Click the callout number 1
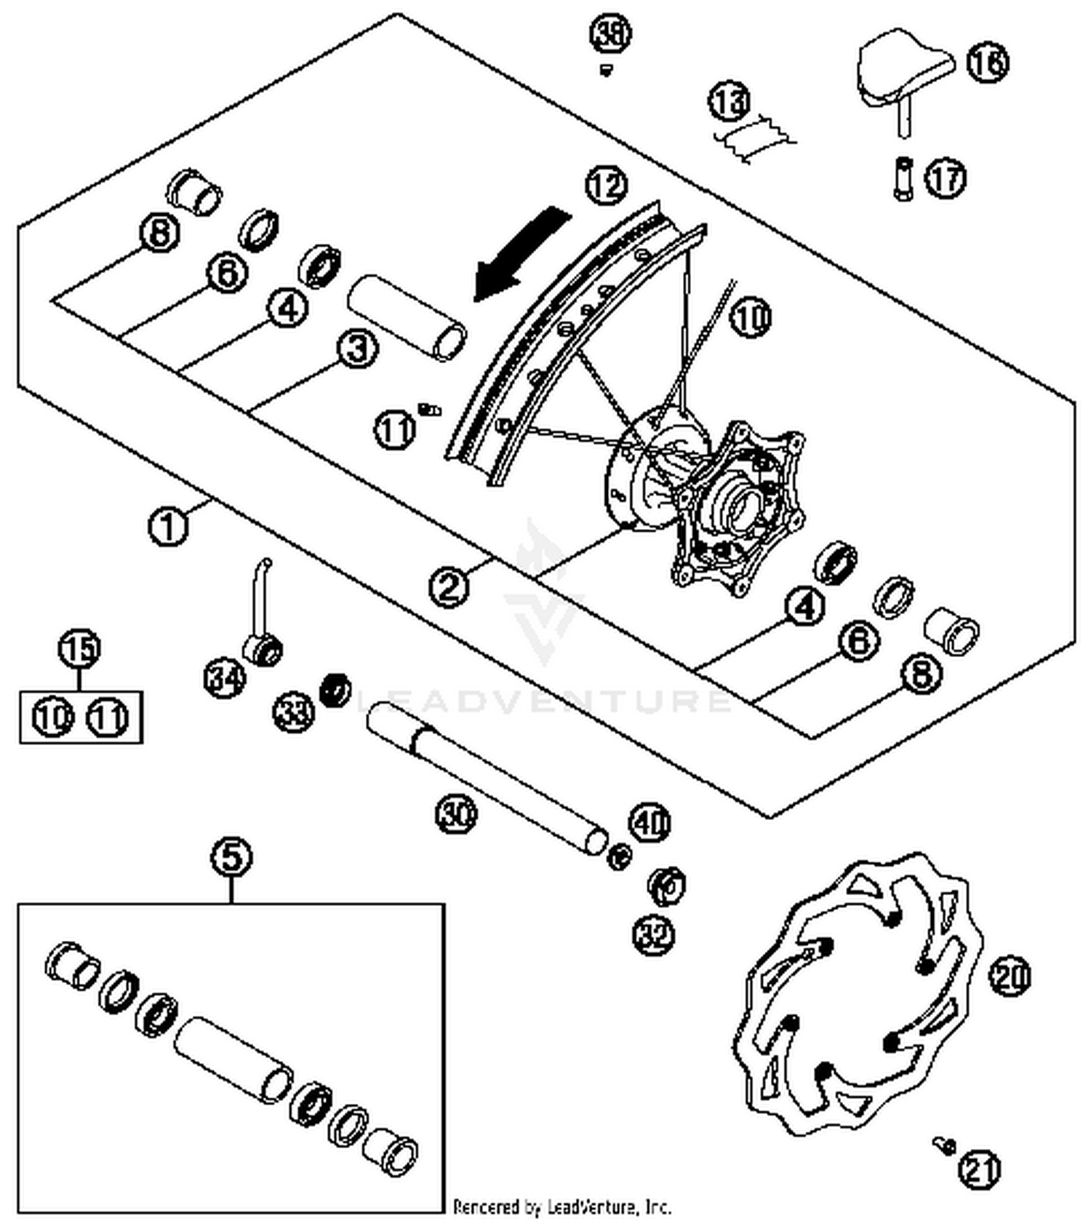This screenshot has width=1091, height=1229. pos(168,525)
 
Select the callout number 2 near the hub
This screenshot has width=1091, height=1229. pos(449,586)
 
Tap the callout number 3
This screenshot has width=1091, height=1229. pos(358,349)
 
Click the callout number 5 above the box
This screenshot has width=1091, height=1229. pos(231,857)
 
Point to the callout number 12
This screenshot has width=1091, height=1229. pos(607,186)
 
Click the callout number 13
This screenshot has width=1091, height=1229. pos(730,101)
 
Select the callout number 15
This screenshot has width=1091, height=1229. pos(80,648)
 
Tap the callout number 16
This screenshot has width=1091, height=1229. pos(987,62)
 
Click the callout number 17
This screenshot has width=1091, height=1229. pos(945,178)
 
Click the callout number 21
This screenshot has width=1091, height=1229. pos(979,1169)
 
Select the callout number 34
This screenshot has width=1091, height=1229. pos(224,680)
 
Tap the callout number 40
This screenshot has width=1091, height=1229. pos(650,822)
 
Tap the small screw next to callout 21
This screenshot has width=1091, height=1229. pos(945,1145)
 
